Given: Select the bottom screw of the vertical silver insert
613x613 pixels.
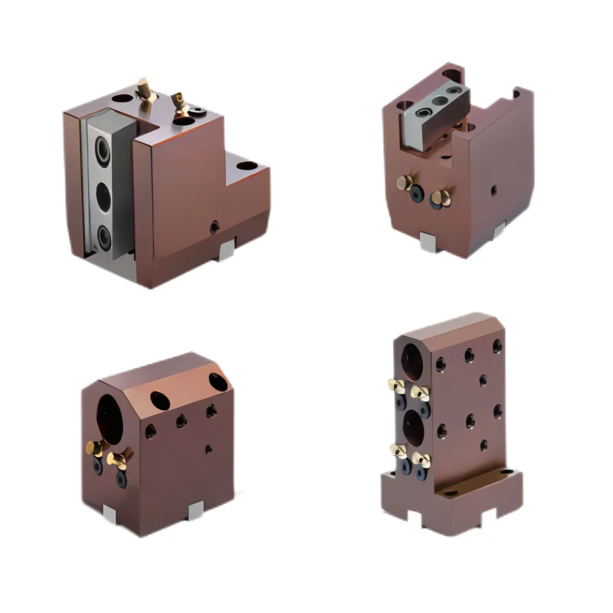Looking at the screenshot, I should click(x=102, y=235).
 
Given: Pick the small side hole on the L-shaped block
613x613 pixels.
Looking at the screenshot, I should click(x=215, y=227).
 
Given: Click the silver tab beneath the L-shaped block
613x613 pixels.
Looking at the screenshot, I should click(x=227, y=250).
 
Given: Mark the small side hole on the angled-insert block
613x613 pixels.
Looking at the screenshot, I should click(x=493, y=189).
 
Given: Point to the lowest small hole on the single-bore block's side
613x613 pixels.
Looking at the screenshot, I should click(x=208, y=449).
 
